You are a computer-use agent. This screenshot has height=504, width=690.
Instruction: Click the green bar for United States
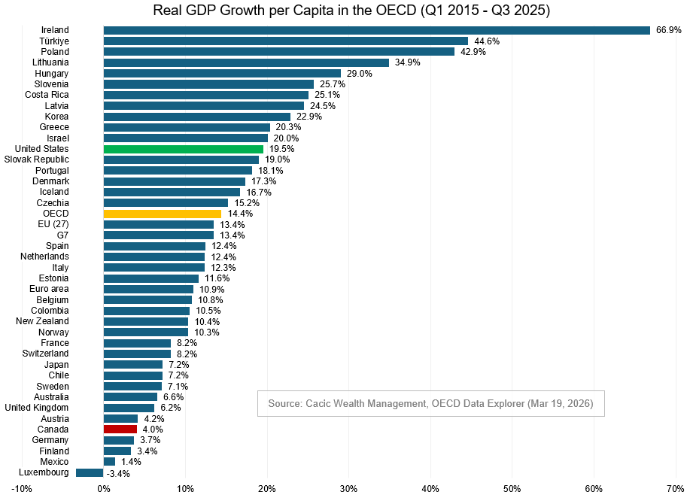click(183, 149)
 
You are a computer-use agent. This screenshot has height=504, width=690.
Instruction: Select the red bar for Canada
click(120, 429)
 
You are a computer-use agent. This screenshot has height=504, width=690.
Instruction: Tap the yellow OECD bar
click(162, 214)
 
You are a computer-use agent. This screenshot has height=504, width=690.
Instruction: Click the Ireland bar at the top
click(376, 30)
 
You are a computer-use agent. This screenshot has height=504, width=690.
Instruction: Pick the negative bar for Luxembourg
click(90, 472)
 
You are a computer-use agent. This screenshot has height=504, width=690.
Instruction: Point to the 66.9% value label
click(669, 30)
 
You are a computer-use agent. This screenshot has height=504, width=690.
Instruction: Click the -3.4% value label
click(118, 473)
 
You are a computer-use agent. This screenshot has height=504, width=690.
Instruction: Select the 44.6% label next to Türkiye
click(487, 41)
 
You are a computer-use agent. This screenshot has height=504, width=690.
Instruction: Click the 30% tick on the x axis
click(348, 489)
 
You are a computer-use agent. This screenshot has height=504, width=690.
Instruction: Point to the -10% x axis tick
click(22, 489)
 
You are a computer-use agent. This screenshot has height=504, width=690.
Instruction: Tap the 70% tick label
click(674, 489)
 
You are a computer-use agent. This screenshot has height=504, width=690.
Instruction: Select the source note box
click(430, 404)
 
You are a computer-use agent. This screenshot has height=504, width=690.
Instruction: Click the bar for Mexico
click(109, 461)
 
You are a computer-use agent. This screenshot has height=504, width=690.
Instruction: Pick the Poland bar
click(278, 52)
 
